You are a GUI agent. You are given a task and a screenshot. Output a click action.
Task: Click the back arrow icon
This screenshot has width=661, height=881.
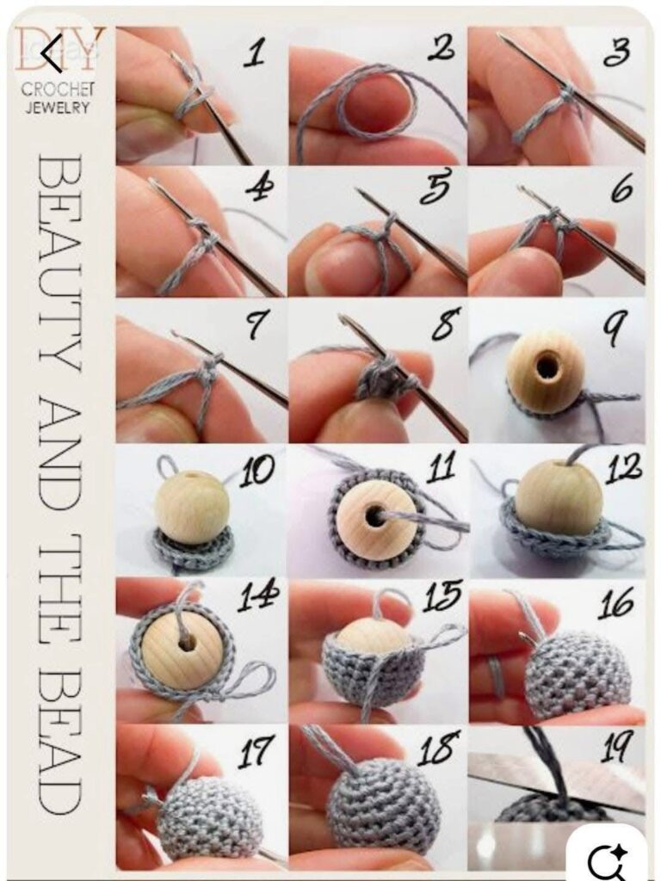tap(52, 52)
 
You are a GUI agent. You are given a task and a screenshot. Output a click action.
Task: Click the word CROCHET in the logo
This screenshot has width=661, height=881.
tap(58, 89)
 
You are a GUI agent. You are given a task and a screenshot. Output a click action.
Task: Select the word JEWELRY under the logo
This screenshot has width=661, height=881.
tap(57, 107)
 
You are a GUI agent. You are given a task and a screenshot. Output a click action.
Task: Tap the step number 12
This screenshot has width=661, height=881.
tap(623, 469)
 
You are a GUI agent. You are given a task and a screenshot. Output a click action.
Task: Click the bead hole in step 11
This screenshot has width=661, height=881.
tap(372, 514)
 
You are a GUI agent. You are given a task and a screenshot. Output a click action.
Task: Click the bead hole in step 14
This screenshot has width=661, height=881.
tap(187, 641)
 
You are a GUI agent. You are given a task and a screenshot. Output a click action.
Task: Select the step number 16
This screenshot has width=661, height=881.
tap(616, 603)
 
